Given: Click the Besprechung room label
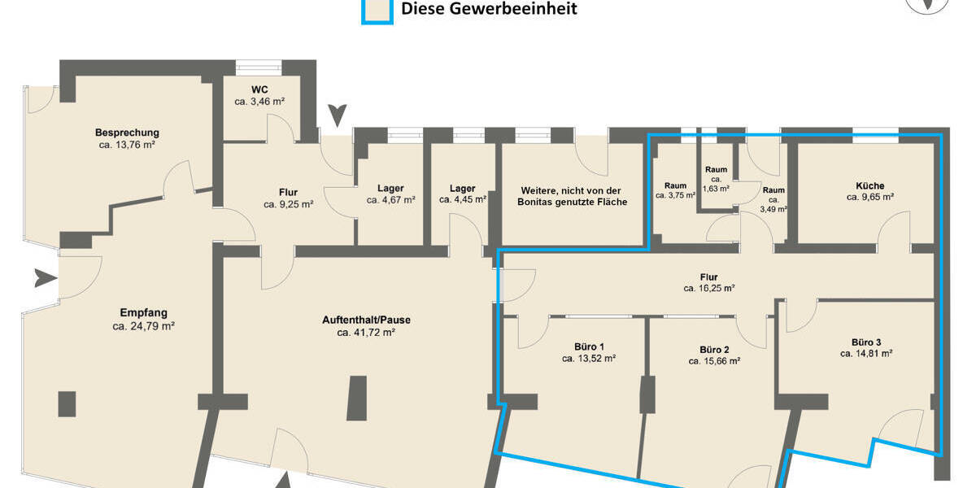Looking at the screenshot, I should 126,133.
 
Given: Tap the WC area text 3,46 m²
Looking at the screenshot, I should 259,102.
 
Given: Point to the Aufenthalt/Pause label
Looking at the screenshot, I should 366,320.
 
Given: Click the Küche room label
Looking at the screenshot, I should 869,185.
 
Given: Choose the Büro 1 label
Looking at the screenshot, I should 588,346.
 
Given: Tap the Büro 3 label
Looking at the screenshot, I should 866,342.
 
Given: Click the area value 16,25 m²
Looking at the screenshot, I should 708,288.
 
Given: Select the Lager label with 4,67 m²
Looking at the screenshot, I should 390,188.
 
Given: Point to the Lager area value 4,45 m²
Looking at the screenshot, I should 463,199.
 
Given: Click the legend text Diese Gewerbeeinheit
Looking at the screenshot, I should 489,9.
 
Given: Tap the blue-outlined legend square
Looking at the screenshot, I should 377,10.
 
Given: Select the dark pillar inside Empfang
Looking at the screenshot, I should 67,404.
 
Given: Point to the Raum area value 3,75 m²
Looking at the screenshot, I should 675,195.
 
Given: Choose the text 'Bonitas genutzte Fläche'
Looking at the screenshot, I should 573,202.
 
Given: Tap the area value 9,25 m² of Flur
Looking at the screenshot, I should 288,205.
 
